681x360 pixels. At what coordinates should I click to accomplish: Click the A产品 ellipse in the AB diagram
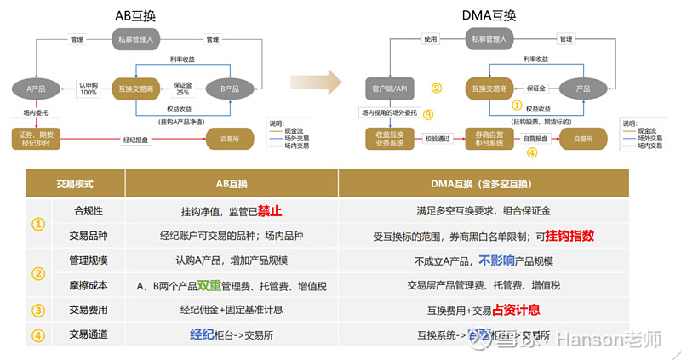[x=35, y=89]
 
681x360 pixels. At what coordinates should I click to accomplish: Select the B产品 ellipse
[x=230, y=89]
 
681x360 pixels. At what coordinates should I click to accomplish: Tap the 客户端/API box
[x=389, y=89]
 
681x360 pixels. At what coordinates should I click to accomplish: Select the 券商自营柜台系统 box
[x=489, y=138]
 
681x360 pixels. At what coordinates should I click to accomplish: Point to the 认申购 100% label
[x=88, y=88]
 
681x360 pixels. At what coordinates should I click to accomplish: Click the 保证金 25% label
[x=183, y=88]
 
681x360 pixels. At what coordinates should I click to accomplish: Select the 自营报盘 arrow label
[x=535, y=138]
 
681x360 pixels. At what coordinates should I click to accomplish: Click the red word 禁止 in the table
[x=270, y=210]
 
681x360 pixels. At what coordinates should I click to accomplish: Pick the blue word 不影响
[x=499, y=260]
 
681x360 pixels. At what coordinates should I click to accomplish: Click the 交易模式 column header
[x=74, y=184]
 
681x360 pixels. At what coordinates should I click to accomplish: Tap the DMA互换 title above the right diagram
[x=489, y=15]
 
